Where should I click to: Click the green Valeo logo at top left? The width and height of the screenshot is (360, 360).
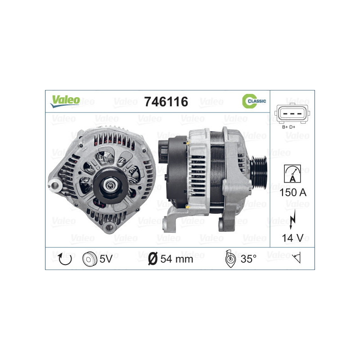pos(64,101)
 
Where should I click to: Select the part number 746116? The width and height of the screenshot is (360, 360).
pos(165,102)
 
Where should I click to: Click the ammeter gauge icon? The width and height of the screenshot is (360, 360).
pos(292,172)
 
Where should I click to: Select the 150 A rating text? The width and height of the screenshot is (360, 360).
pos(292,192)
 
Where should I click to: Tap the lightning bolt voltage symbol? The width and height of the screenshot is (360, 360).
pos(293,218)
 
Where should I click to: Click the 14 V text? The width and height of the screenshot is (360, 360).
pos(293,238)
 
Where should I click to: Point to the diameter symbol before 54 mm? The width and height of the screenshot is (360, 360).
pos(152,259)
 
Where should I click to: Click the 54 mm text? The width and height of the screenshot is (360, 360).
pos(176,259)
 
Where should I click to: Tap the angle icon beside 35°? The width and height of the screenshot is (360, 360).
pos(229,259)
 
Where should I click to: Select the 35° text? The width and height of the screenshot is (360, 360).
pos(248,259)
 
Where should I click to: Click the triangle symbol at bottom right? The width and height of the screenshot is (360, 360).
pos(296,258)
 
